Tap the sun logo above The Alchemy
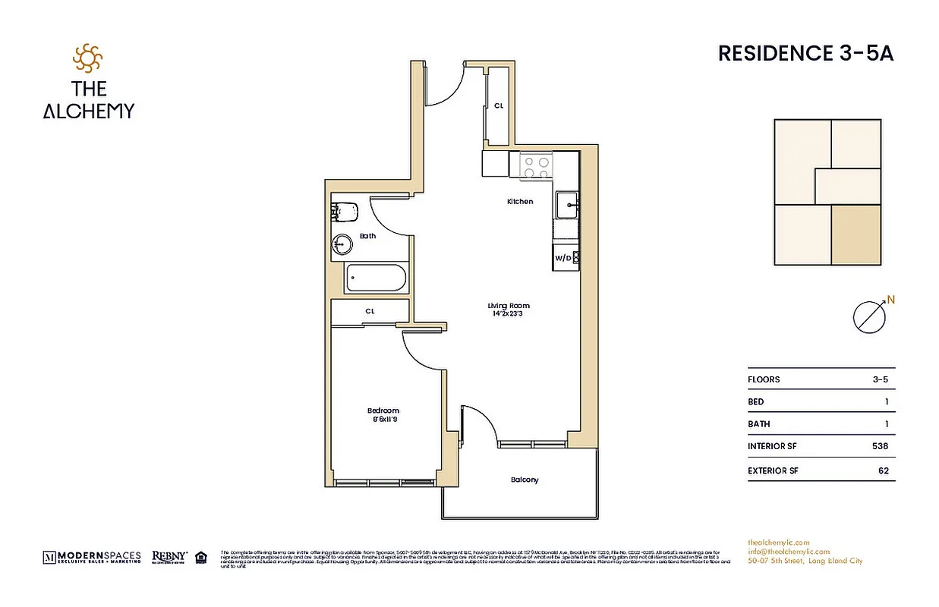point(87,58)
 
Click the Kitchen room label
point(520,202)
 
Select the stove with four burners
point(534,165)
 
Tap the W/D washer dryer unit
point(566,258)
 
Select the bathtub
point(376,278)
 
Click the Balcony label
point(525,480)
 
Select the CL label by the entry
point(499,106)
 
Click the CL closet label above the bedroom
point(370,311)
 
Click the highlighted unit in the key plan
point(856,235)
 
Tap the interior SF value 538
point(880,447)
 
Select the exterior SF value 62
point(883,470)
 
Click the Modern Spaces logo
point(92,557)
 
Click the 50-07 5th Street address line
point(804,561)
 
